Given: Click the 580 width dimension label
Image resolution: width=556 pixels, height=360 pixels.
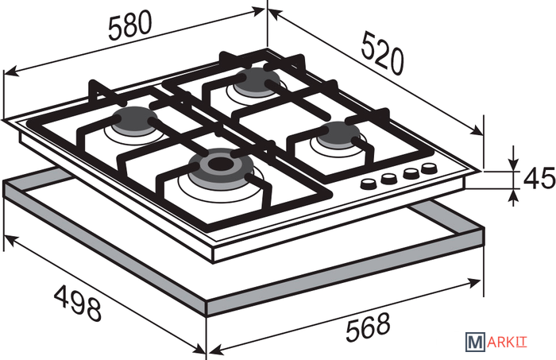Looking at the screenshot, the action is point(129,25).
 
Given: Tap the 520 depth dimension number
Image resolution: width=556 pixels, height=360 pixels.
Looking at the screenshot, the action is point(383,53).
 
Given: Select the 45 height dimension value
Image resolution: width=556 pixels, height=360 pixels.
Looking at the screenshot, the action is point(539,178).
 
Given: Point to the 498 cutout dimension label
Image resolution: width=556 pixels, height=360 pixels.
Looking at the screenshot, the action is point(78,303).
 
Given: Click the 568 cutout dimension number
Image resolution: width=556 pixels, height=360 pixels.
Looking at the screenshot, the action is point(368,327).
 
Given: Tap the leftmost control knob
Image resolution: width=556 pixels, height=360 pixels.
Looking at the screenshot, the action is point(369,184).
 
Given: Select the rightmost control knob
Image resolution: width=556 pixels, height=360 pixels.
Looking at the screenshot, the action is point(429,168).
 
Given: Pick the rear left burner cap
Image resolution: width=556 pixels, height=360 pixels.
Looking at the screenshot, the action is point(135,121).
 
